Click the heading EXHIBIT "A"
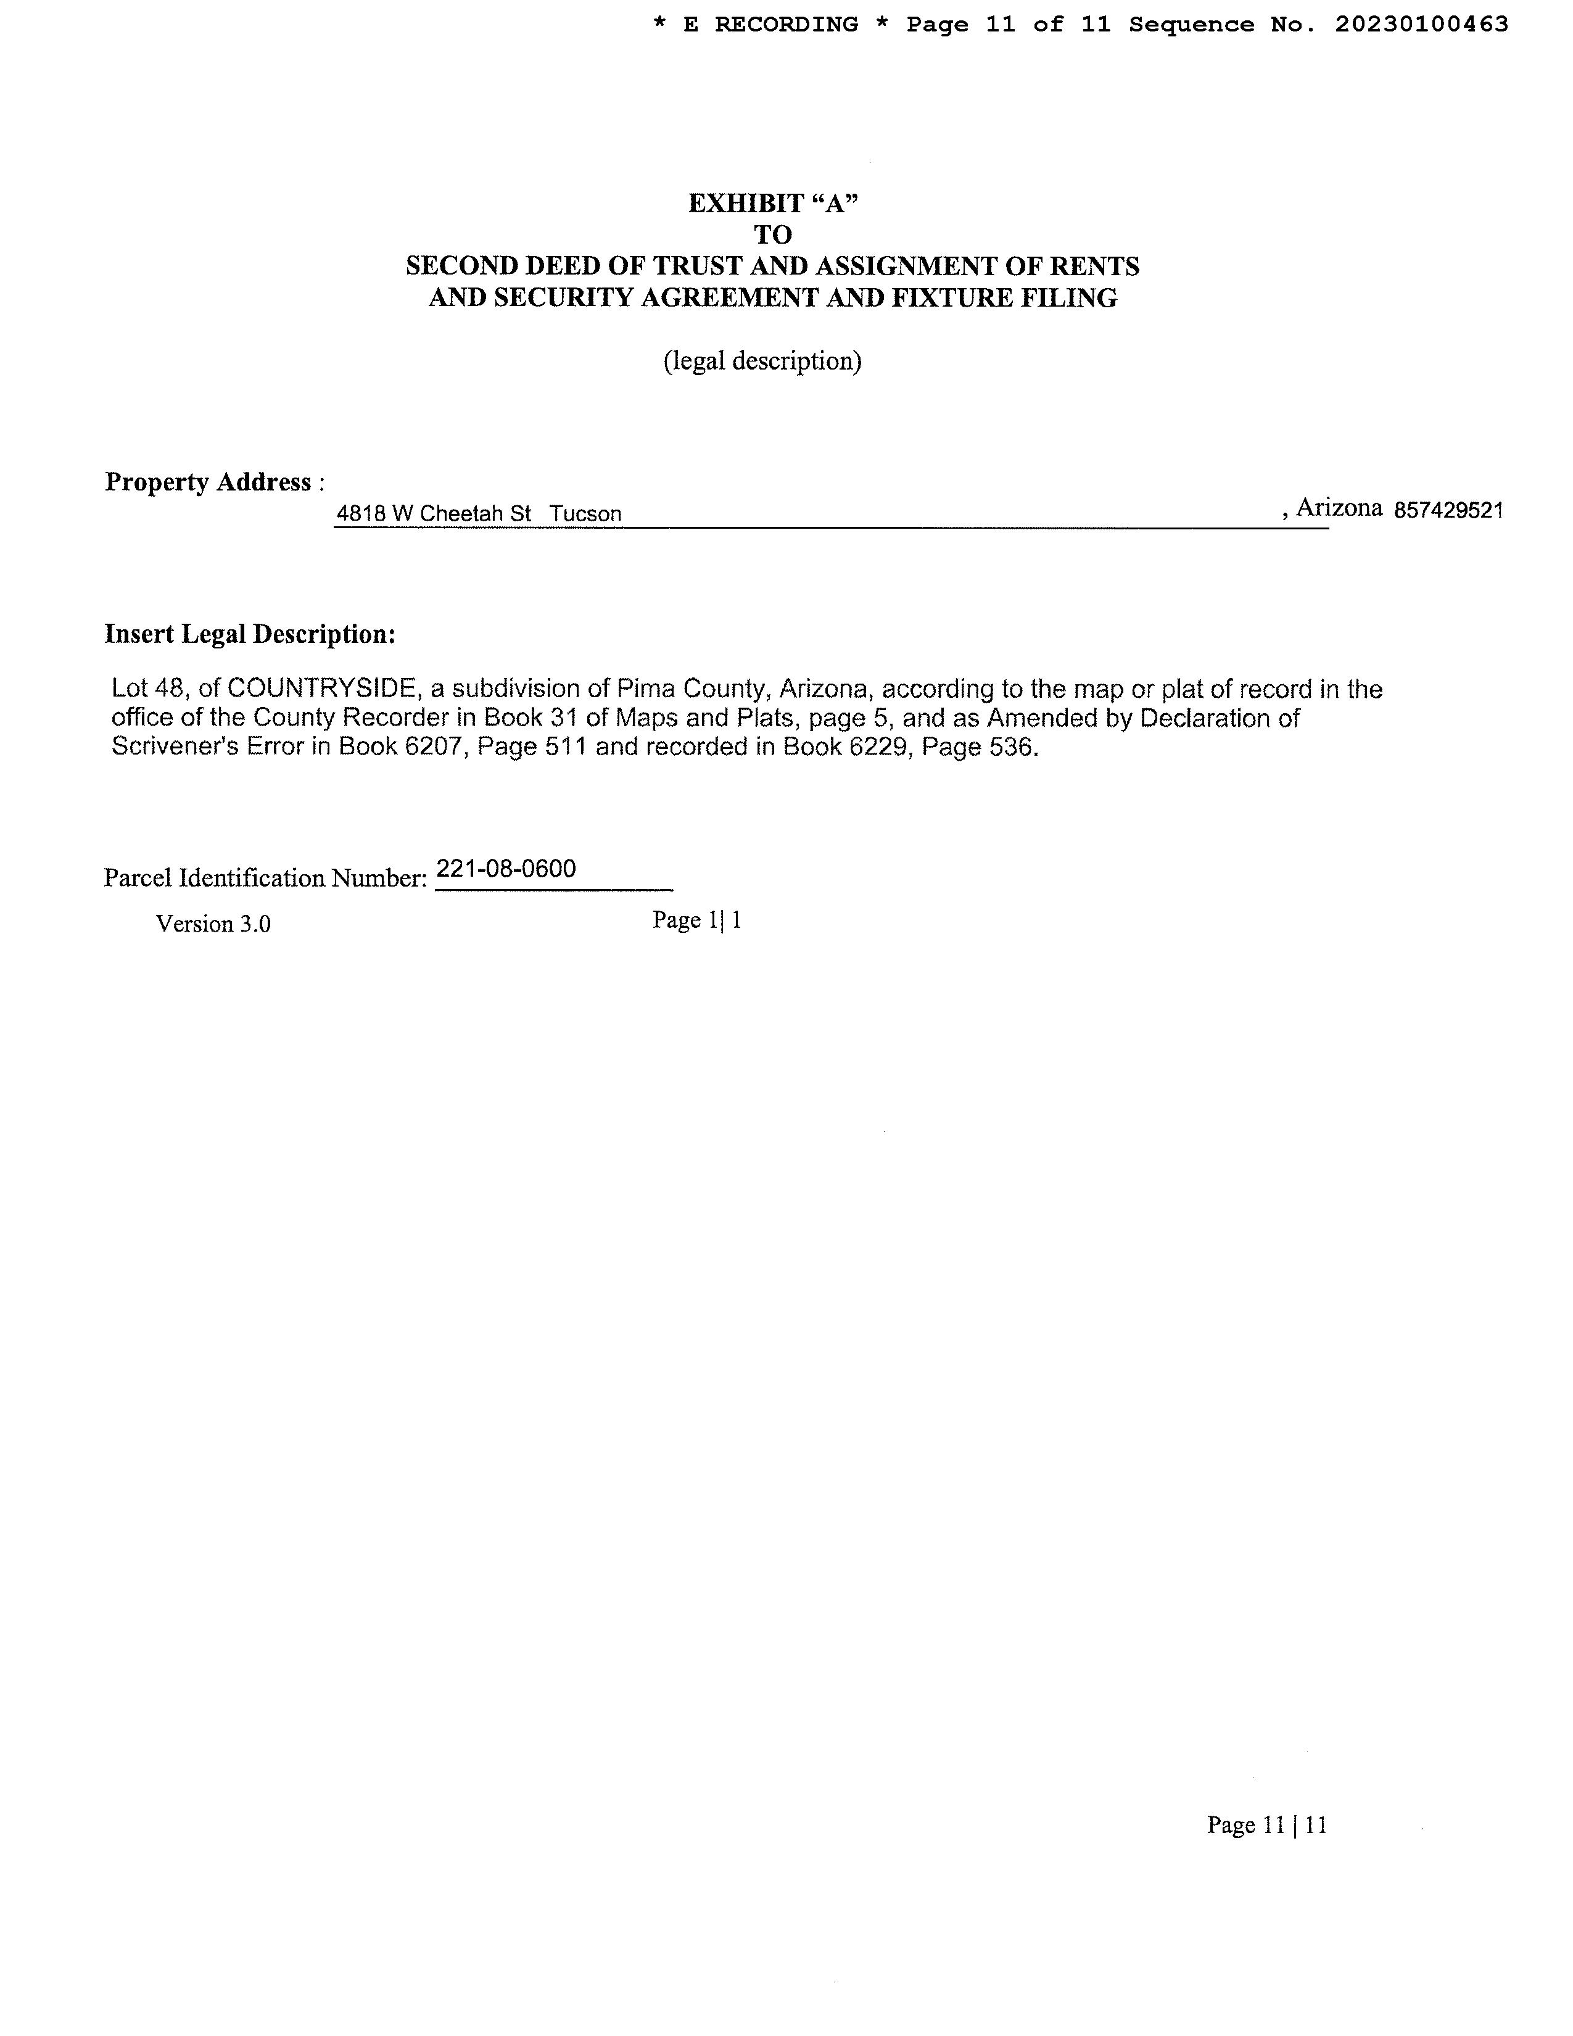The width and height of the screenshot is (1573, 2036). click(772, 203)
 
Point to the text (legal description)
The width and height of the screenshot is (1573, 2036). click(762, 361)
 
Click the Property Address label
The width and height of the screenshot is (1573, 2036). click(213, 482)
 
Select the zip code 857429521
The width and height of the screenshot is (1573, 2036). click(1448, 511)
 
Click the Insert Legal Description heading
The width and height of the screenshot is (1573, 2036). click(250, 634)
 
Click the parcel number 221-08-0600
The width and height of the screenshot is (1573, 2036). click(506, 869)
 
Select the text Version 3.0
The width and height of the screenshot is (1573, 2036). click(213, 924)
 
